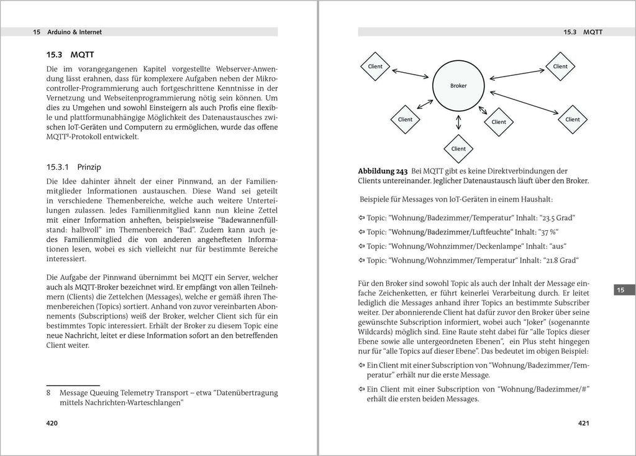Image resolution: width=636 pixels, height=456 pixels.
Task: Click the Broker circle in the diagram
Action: (458, 86)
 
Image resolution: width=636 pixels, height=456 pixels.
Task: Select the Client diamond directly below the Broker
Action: (458, 149)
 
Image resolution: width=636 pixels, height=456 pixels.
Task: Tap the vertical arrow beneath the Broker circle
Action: (458, 122)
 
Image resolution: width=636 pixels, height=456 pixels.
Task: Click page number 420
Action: (52, 424)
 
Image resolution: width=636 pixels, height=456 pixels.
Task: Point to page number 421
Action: (583, 424)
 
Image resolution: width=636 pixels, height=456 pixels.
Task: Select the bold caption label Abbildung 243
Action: (384, 171)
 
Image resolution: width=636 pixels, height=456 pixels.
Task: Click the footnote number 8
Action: (49, 393)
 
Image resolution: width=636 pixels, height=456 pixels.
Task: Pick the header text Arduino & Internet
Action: (76, 32)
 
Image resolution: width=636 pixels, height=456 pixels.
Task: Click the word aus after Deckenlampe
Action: (540, 246)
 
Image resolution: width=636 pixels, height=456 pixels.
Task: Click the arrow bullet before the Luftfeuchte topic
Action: (361, 231)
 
